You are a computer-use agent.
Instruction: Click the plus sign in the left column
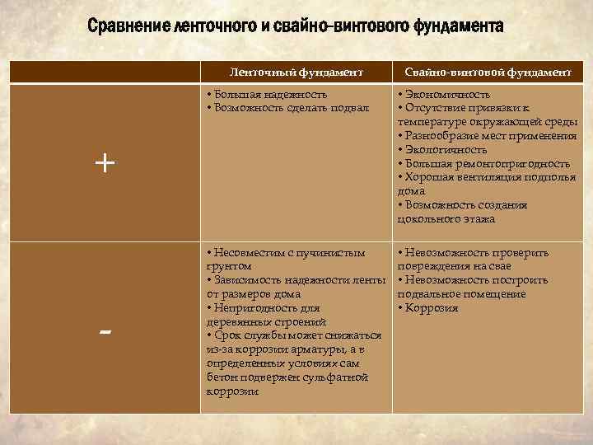click(105, 163)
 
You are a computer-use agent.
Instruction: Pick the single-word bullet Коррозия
click(431, 308)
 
